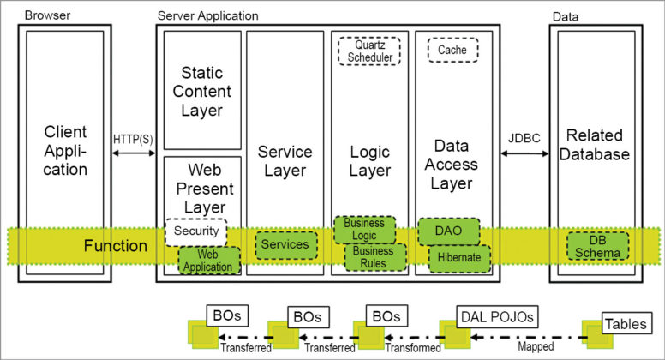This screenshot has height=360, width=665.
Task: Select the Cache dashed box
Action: tap(452, 51)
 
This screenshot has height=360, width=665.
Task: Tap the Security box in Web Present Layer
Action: tap(195, 231)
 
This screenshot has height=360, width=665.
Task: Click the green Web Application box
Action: tap(208, 261)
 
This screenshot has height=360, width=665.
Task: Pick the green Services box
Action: tap(285, 244)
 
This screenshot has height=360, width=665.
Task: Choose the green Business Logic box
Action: tap(364, 230)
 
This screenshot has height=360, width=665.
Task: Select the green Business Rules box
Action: tap(373, 257)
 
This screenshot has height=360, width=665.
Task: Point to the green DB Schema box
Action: tap(597, 247)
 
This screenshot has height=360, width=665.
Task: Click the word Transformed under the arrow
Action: tap(415, 349)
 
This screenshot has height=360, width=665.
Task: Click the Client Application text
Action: tap(66, 150)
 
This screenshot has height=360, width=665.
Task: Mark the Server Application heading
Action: tap(207, 15)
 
